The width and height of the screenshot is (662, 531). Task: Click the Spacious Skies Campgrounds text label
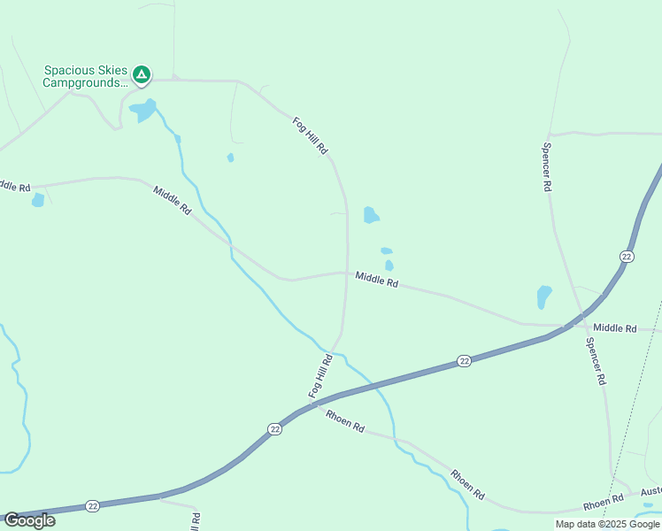coord(85,77)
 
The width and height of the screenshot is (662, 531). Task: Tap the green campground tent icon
coord(142,74)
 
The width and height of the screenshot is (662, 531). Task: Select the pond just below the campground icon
coord(142,111)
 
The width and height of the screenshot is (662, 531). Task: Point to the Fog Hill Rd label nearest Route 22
coord(319,376)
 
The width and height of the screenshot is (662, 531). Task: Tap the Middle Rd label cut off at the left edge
coord(14,186)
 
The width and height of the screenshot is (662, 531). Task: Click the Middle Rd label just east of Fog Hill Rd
coord(377,280)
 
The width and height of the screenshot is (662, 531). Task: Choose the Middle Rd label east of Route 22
coord(614,328)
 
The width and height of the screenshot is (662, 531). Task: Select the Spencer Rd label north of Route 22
coord(548,168)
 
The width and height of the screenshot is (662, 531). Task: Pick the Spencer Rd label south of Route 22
coord(594,360)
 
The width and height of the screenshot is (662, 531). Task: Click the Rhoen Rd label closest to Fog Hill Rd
coord(344,420)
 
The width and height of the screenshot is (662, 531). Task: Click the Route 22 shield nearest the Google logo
coord(93,505)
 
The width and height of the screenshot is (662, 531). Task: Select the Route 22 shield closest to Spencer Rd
coord(627,256)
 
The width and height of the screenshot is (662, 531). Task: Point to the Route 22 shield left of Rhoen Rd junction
coord(274,428)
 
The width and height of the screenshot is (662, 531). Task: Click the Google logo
coord(29,520)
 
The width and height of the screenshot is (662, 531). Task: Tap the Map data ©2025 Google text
coord(606,524)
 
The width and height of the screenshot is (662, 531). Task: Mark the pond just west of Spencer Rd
coord(543,296)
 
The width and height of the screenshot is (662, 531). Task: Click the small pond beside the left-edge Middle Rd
coord(38,200)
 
